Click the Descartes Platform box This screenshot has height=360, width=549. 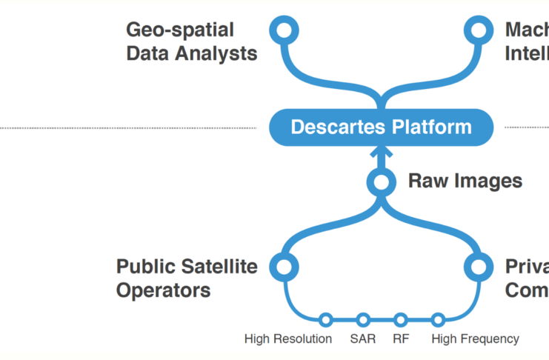tap(381, 127)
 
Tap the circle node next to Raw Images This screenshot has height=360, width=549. tap(381, 181)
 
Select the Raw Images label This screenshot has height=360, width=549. tap(465, 181)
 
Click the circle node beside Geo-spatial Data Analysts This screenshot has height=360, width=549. tap(283, 30)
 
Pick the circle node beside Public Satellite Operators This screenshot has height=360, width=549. tap(283, 266)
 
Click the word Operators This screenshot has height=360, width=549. tap(163, 290)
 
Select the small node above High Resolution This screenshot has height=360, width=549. tap(325, 320)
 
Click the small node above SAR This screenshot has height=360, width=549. tap(363, 320)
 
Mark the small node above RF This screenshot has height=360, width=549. tap(401, 320)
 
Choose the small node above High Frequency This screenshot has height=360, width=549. tap(438, 320)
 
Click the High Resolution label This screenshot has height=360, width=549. tap(288, 339)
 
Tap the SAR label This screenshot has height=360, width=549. tap(363, 339)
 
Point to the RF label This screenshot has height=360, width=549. tap(401, 339)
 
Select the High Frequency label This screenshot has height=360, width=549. tap(475, 339)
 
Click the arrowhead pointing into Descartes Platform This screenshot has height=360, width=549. tap(381, 152)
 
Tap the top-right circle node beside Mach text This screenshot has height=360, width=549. tap(479, 30)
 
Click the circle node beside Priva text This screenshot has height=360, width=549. tap(479, 266)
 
